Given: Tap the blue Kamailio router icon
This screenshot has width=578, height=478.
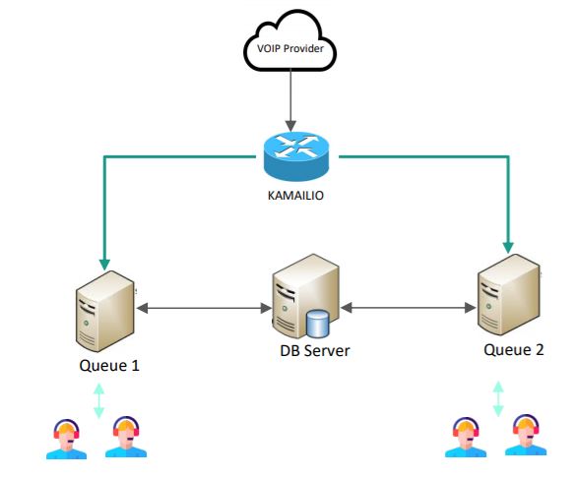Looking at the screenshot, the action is [x=296, y=156].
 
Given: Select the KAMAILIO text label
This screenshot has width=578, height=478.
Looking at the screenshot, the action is [x=295, y=195].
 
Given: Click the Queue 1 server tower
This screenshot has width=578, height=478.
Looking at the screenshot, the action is [x=104, y=311].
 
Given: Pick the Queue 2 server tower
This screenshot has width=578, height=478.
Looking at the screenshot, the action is [x=509, y=295].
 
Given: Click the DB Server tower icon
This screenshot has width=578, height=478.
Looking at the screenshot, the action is [x=305, y=296].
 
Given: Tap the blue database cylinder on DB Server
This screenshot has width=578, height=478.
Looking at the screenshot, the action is [x=317, y=324].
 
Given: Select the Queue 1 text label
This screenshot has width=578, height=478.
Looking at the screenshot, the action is [x=109, y=366].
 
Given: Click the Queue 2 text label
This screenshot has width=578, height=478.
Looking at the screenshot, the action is [x=513, y=350].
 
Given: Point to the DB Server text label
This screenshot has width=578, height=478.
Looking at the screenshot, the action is [x=315, y=351].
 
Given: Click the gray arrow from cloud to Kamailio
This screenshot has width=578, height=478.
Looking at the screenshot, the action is [x=290, y=100].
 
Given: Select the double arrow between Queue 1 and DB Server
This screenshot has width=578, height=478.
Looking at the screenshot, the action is [x=205, y=308].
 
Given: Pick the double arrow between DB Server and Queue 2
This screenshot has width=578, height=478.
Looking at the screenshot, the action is [x=409, y=308].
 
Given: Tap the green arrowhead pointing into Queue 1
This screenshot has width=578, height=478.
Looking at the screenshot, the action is [x=104, y=265].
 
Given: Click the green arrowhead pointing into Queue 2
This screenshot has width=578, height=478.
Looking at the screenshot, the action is [x=508, y=248].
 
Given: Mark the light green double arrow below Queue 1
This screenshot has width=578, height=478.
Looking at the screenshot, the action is [x=98, y=401].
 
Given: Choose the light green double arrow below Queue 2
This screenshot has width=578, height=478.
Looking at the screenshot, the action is [x=498, y=398].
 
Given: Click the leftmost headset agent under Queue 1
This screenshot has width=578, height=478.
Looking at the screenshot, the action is [x=66, y=439].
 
